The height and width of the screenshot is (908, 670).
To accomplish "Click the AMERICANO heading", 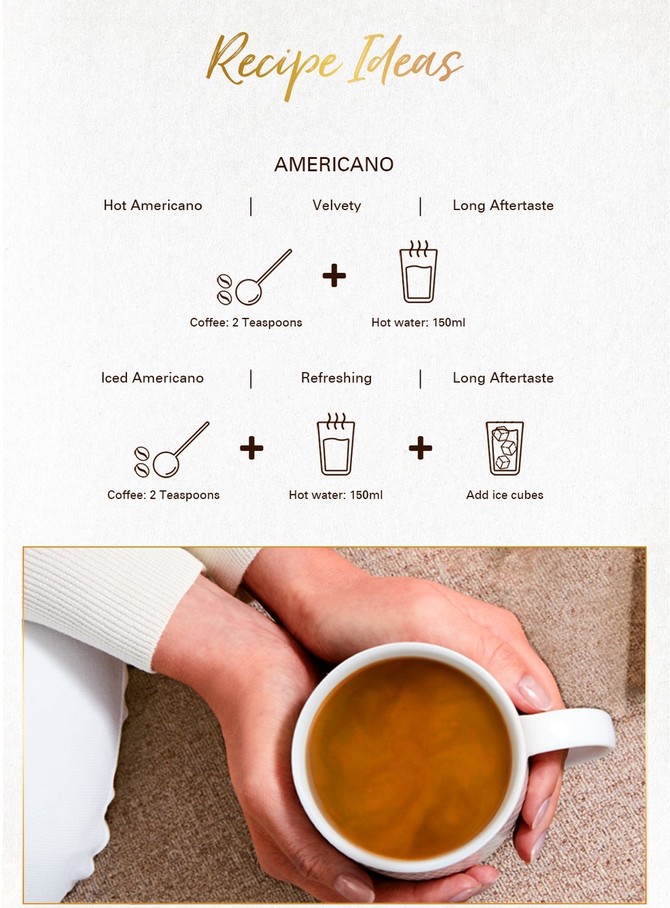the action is (x=334, y=165).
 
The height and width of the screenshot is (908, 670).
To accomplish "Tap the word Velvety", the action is (x=337, y=205).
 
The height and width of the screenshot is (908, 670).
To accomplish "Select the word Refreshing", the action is (x=336, y=378).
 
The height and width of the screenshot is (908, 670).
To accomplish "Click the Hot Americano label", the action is (x=152, y=205).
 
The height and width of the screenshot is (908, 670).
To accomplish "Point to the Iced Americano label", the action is (x=152, y=378).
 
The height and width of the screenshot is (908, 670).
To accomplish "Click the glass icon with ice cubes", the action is (x=504, y=448).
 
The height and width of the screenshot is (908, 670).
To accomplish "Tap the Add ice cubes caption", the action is (x=504, y=495).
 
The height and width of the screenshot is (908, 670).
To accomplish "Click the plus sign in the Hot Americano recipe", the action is (x=334, y=275).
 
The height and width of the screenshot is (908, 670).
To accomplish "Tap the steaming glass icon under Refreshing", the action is (x=336, y=445).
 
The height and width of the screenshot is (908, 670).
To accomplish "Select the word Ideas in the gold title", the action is (x=406, y=61).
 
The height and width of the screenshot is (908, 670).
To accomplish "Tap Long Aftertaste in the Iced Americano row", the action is (x=503, y=378).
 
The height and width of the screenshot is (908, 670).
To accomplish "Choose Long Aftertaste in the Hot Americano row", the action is (x=503, y=205).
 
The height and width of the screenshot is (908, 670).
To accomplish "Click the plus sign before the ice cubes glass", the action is (x=421, y=448).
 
